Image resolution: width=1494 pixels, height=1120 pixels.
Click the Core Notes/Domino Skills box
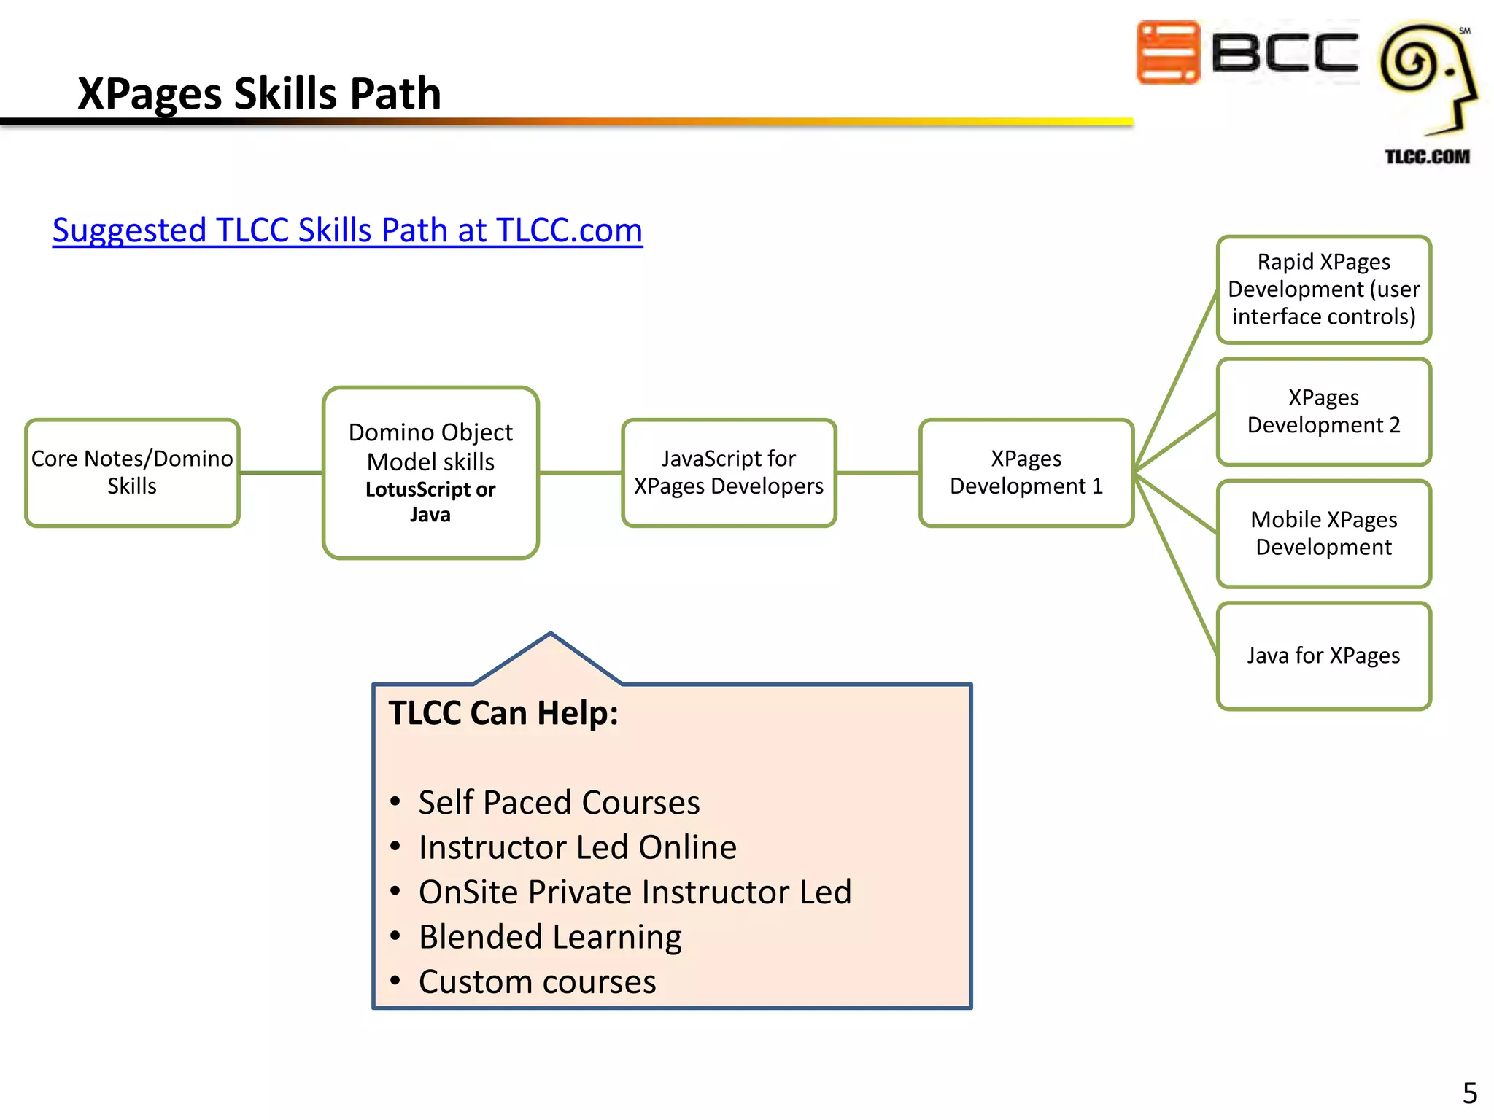click(132, 472)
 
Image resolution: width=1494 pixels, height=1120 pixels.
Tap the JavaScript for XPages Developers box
click(729, 472)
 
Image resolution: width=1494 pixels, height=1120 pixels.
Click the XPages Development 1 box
click(1026, 472)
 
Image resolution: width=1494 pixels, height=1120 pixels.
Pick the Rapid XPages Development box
click(1323, 289)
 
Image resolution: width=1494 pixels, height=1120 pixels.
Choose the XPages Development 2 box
click(1323, 411)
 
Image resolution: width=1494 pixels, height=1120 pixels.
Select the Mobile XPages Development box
click(1323, 533)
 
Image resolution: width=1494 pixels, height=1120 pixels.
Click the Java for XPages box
click(1323, 656)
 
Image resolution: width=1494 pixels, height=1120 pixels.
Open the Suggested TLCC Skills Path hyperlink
click(347, 230)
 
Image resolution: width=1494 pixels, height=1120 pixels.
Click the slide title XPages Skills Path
click(259, 93)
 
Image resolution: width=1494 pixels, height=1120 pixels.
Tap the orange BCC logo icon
click(1168, 52)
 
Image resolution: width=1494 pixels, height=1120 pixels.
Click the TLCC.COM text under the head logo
click(1427, 157)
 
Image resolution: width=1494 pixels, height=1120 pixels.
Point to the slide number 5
click(1469, 1093)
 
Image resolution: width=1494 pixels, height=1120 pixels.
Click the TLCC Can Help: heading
click(503, 713)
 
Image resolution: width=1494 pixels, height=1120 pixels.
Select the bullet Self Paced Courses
click(559, 803)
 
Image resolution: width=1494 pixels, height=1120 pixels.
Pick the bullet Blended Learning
click(550, 937)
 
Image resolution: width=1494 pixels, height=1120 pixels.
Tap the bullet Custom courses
click(537, 982)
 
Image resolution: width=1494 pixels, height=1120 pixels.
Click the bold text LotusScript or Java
click(430, 502)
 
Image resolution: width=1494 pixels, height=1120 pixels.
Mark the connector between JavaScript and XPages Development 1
click(878, 472)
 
